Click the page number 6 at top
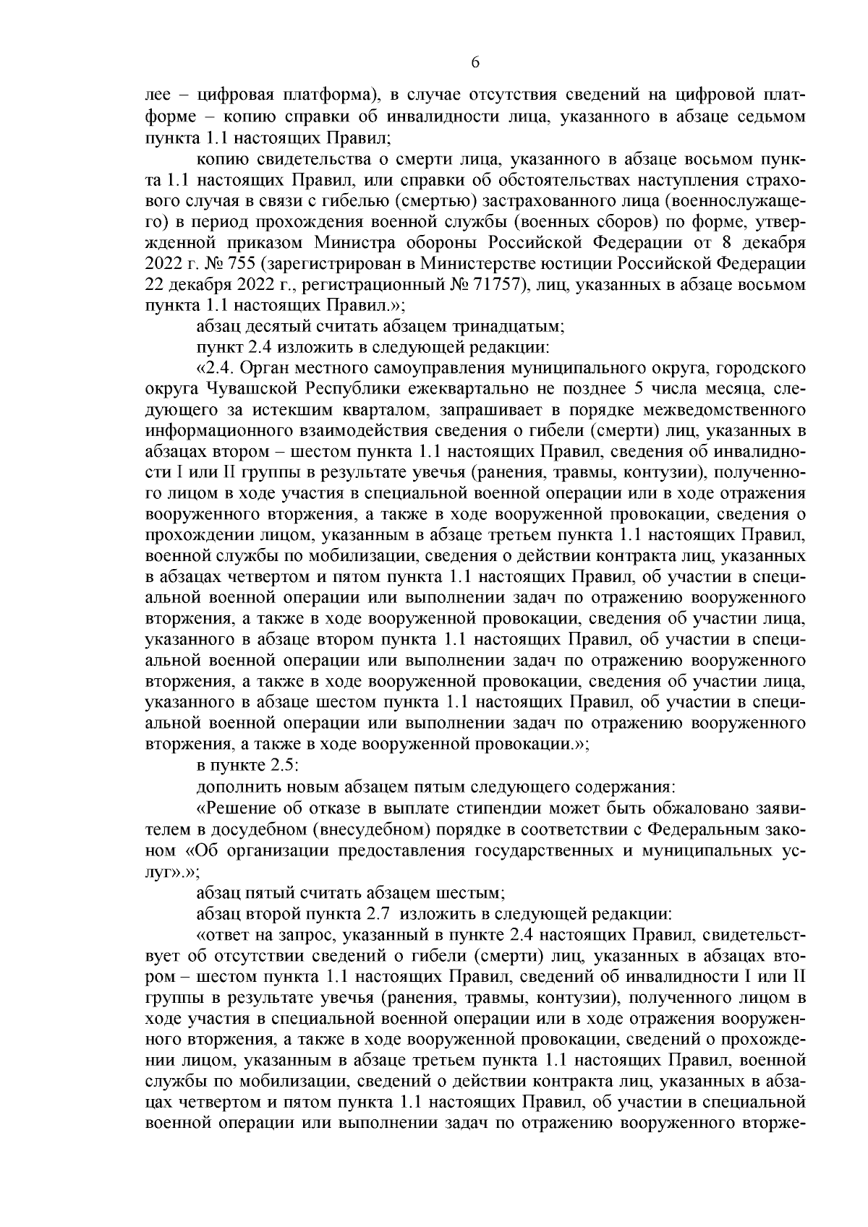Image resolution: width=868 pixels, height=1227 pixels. point(475,62)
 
